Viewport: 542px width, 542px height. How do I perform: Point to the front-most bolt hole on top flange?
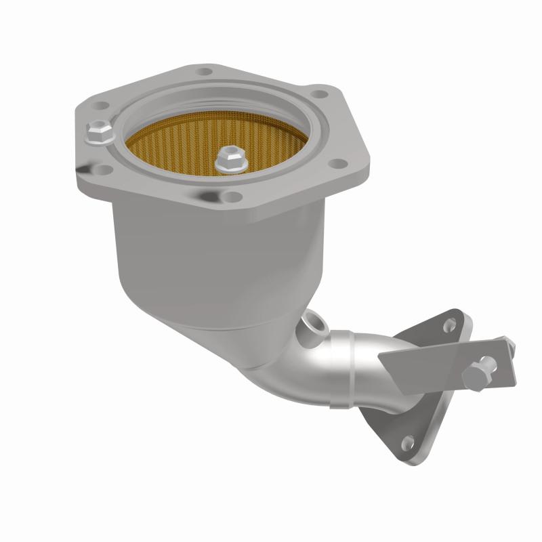click(232, 196)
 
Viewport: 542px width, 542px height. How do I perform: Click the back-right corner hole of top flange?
click(320, 97)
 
